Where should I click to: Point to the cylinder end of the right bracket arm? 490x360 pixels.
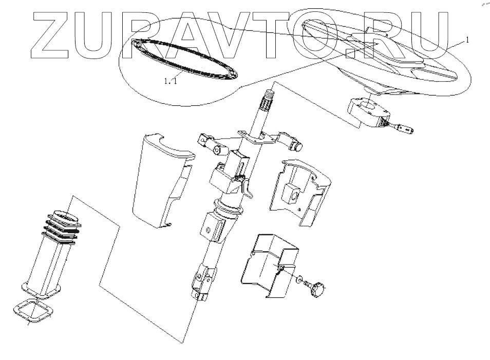(296, 146)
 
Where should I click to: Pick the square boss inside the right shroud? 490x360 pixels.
(291, 194)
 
